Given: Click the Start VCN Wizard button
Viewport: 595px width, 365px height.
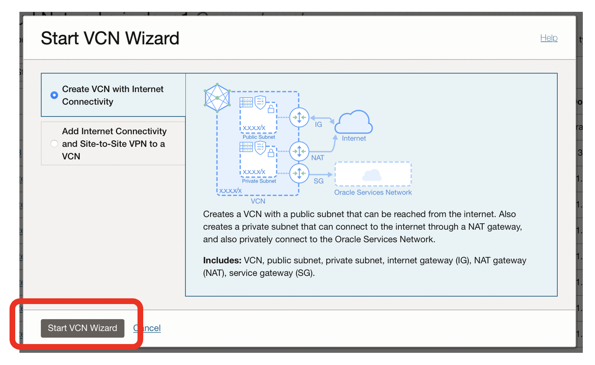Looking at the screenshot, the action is pyautogui.click(x=82, y=328).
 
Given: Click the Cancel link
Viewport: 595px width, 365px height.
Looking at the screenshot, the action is pyautogui.click(x=147, y=328).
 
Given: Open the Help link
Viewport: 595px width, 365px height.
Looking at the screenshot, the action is pyautogui.click(x=549, y=38).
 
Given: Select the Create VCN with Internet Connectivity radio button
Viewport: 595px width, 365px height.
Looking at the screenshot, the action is pyautogui.click(x=54, y=95).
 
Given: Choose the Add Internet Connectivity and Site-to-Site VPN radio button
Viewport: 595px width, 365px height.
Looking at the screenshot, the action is pyautogui.click(x=54, y=144).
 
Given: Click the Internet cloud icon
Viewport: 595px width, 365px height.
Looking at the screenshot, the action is pyautogui.click(x=353, y=122).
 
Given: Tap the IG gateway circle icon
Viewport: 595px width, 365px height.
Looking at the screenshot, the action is pyautogui.click(x=299, y=117).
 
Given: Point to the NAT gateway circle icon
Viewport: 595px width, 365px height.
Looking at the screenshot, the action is pyautogui.click(x=299, y=151).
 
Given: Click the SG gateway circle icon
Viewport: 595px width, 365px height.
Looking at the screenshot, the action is pyautogui.click(x=299, y=174).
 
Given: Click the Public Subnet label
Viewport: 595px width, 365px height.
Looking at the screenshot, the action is pyautogui.click(x=259, y=137).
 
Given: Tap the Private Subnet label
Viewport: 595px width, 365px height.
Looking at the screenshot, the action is pyautogui.click(x=259, y=181).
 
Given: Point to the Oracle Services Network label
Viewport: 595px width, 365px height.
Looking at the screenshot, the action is pyautogui.click(x=373, y=192).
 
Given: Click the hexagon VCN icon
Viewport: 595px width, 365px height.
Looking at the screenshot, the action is pyautogui.click(x=217, y=98).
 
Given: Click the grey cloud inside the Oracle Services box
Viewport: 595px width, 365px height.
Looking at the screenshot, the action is pyautogui.click(x=372, y=175).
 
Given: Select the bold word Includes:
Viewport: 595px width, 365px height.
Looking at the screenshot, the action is pyautogui.click(x=222, y=260).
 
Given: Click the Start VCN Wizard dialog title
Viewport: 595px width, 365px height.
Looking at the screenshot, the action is pyautogui.click(x=110, y=38).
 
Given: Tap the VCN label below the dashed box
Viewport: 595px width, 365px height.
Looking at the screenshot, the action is pyautogui.click(x=258, y=201).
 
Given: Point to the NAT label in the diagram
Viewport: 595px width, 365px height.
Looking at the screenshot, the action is pyautogui.click(x=318, y=158).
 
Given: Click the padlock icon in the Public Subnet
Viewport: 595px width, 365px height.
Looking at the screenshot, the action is pyautogui.click(x=271, y=109).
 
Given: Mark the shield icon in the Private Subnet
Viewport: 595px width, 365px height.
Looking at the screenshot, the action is pyautogui.click(x=260, y=147).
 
